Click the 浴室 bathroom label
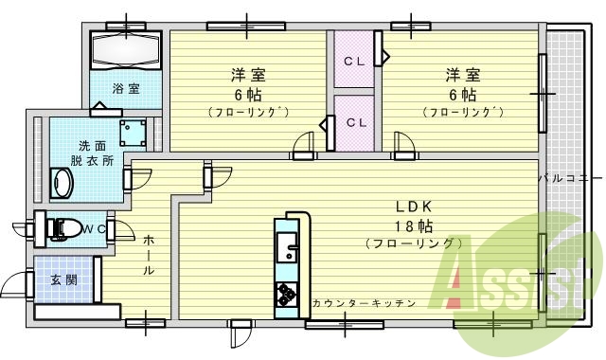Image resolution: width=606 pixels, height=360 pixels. (126, 89)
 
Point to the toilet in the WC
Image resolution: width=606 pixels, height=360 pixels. (66, 228)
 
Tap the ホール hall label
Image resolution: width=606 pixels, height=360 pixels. (149, 256)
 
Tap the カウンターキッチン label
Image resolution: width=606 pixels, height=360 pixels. (364, 303)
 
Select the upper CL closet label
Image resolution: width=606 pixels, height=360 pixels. (354, 62)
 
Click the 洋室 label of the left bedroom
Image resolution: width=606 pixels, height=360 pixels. (247, 75)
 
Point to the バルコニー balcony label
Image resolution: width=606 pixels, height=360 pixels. (571, 177)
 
